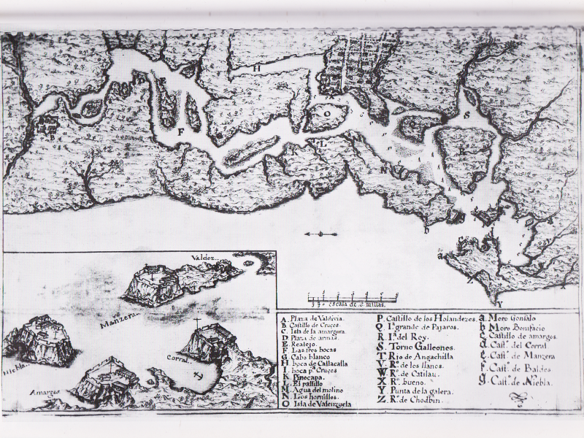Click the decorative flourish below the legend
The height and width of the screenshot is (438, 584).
point(518,399)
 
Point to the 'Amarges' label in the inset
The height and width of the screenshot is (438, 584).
point(44,391)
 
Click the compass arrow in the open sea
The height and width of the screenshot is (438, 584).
point(320,234)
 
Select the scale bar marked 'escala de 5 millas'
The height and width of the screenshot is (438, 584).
point(351,299)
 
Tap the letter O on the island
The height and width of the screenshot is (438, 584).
point(328,114)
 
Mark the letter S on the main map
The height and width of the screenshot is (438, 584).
point(465,115)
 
